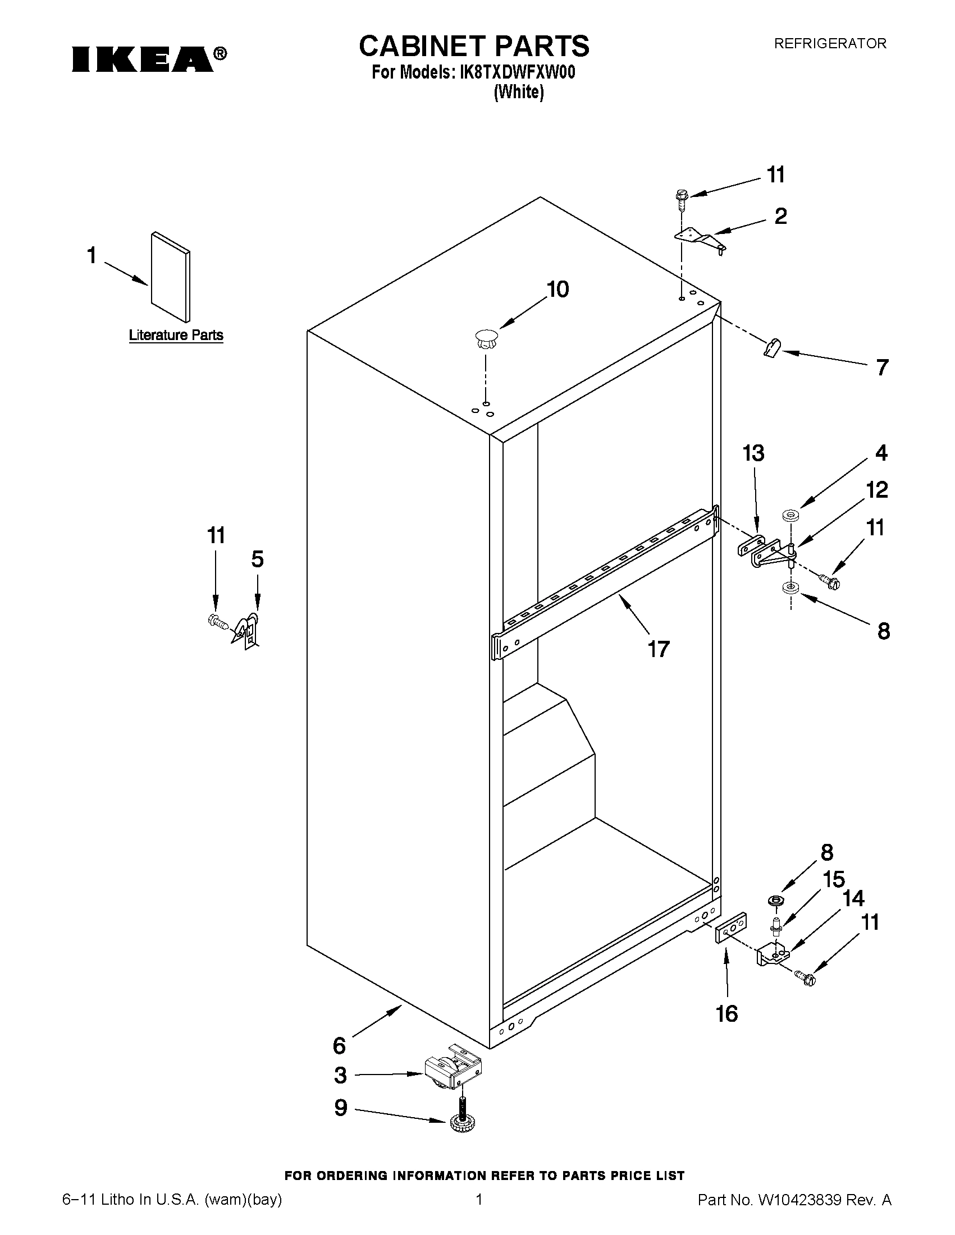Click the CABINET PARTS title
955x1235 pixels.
coord(474,46)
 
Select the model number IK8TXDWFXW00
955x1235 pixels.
coord(518,73)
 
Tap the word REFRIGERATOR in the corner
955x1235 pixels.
coord(830,44)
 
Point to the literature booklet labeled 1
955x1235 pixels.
coord(170,277)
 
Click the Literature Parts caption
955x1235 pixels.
coord(176,336)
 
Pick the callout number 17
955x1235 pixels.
coord(659,649)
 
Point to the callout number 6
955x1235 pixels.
coord(339,1045)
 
